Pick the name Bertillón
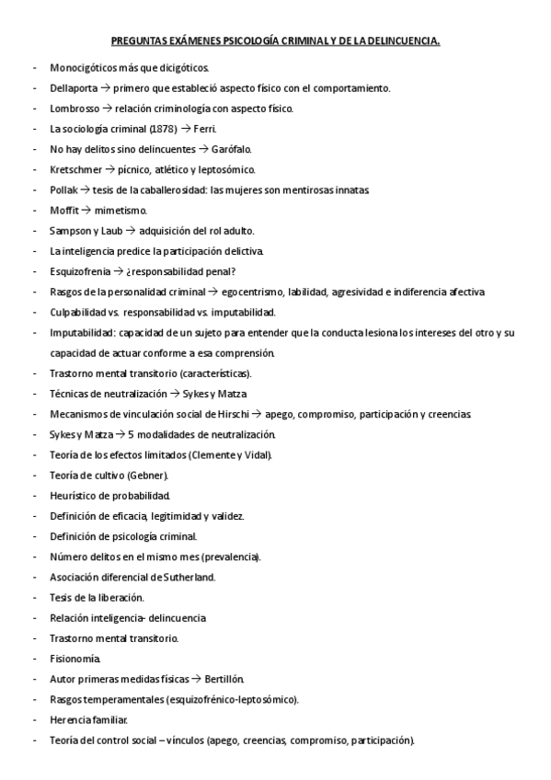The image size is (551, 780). [x=223, y=679]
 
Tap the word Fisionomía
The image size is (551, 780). [x=75, y=659]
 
